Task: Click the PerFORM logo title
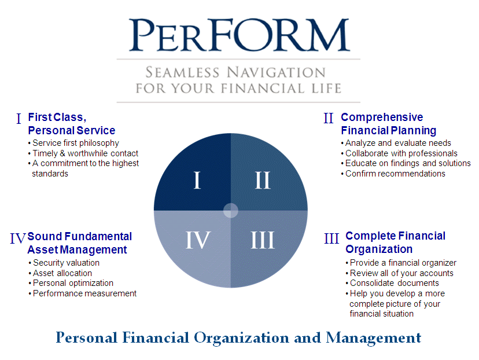(x=239, y=35)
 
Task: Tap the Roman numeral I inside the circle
(x=197, y=180)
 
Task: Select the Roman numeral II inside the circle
(x=263, y=180)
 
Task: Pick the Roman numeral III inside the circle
(x=263, y=240)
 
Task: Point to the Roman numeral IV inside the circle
(x=198, y=240)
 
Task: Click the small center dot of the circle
(x=231, y=210)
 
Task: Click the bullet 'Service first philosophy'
(x=73, y=143)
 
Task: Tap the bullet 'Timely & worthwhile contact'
(x=83, y=153)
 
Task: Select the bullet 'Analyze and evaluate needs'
(x=396, y=143)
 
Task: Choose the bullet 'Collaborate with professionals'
(x=399, y=153)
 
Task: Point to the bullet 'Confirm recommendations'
(x=393, y=174)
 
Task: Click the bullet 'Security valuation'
(x=64, y=263)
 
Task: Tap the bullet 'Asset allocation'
(x=60, y=273)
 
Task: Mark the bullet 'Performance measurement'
(x=83, y=293)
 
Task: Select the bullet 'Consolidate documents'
(x=392, y=283)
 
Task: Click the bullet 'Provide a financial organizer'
(x=401, y=263)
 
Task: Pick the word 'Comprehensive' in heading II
(x=382, y=117)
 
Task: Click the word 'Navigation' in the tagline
(x=276, y=72)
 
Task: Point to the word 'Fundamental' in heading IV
(x=98, y=236)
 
